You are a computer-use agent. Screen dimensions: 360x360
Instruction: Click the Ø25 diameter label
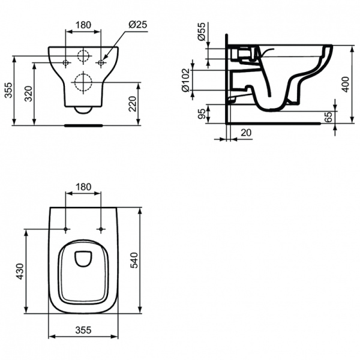[137, 25]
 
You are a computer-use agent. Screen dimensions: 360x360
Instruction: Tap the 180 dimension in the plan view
[83, 187]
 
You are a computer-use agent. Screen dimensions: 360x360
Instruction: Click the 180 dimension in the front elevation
[83, 26]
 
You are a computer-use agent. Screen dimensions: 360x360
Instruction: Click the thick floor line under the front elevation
[83, 125]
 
